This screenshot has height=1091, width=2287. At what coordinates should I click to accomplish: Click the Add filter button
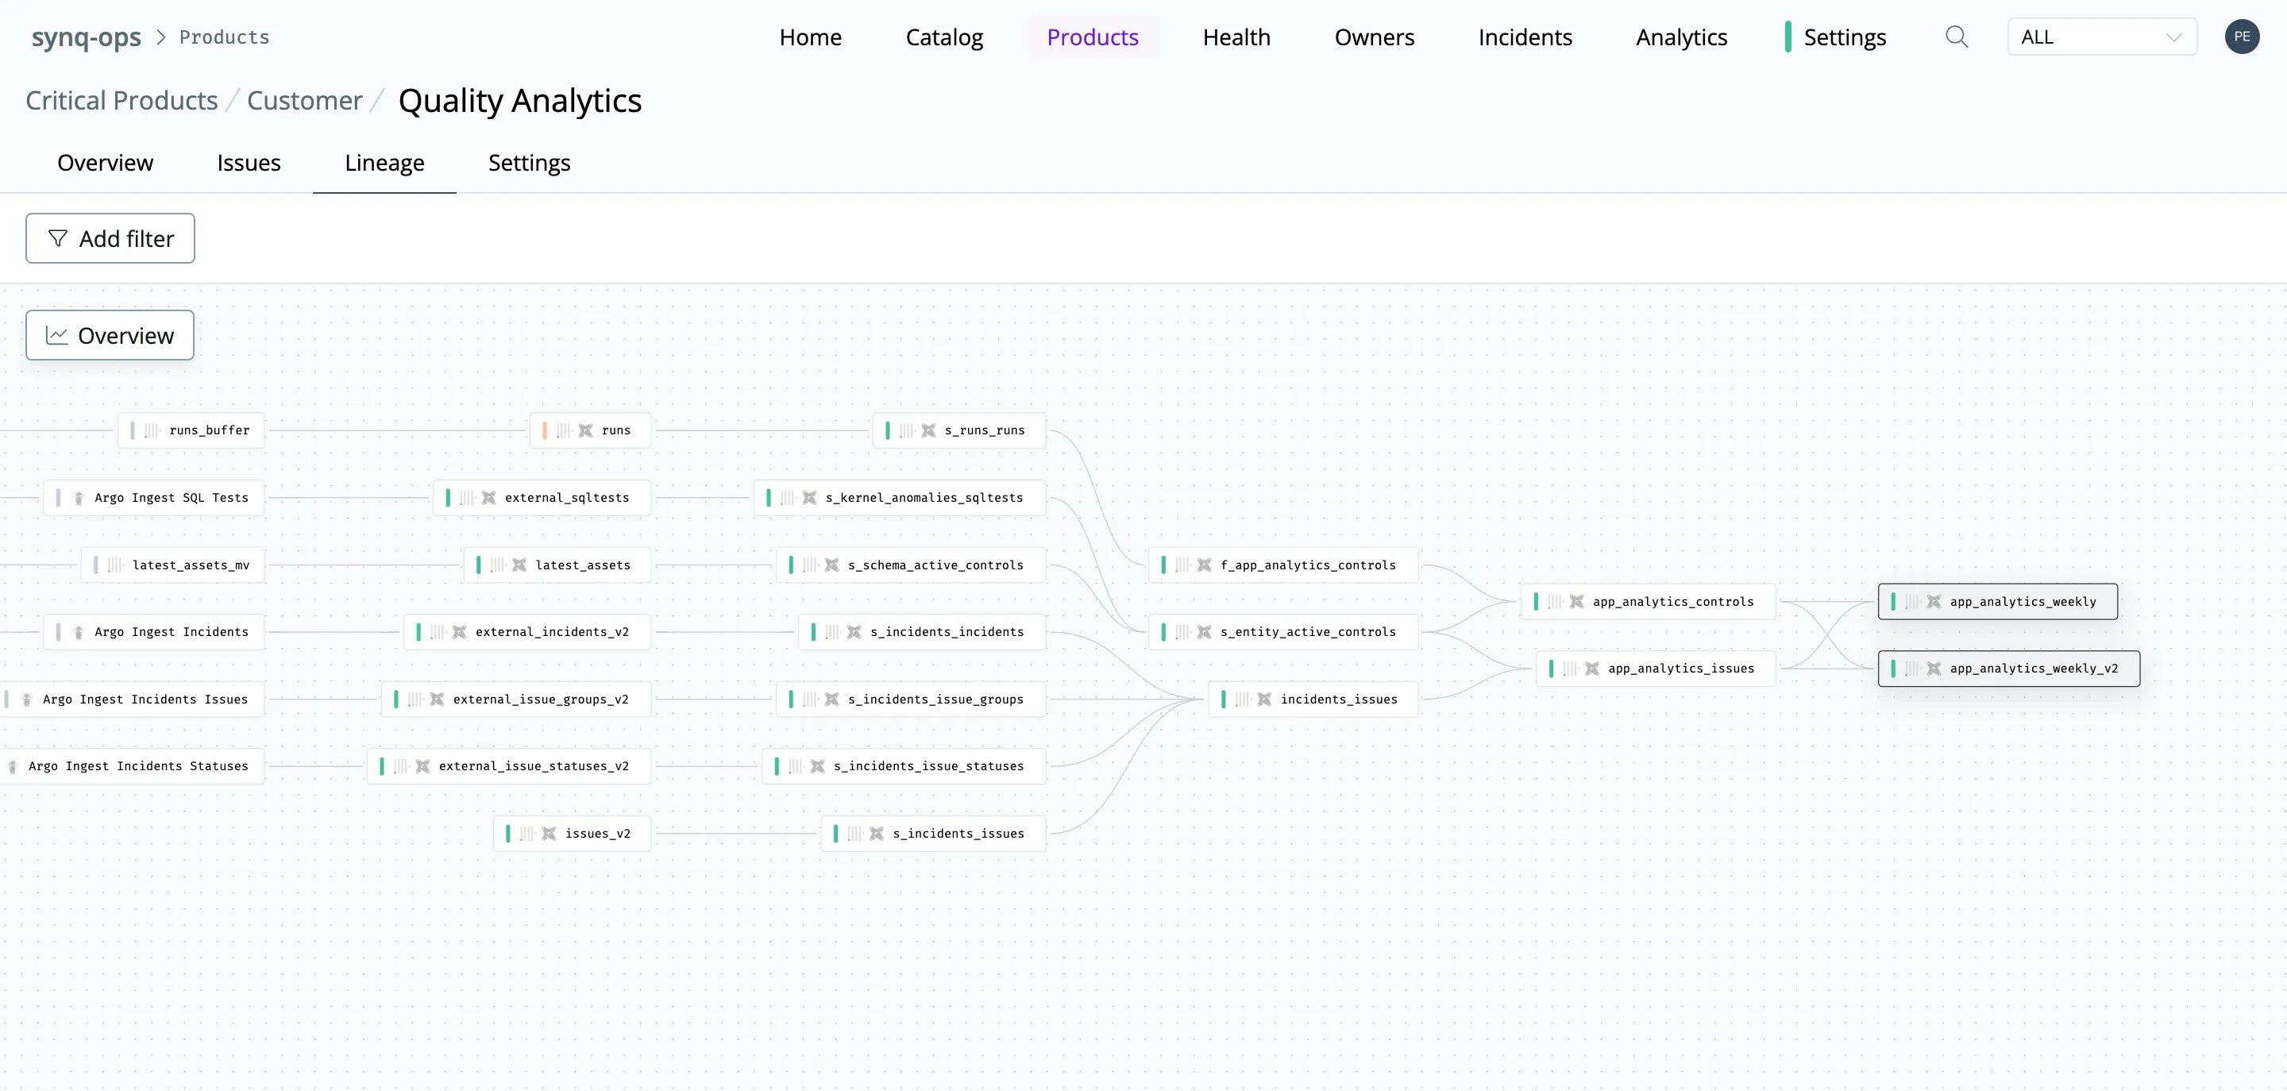110,238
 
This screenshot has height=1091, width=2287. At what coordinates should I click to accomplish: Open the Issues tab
249,164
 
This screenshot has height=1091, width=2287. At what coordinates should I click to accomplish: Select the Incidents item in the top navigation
1525,37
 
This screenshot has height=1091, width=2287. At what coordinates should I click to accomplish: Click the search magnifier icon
1957,37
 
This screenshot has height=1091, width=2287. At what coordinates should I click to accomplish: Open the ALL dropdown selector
2101,37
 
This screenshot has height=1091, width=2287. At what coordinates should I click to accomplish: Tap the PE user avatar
2242,37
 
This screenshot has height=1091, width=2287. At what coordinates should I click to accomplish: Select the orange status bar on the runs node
544,430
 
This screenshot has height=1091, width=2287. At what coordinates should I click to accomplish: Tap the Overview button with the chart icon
110,336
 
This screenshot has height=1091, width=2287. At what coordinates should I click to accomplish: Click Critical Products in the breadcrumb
121,101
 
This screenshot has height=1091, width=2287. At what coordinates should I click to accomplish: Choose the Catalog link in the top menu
943,37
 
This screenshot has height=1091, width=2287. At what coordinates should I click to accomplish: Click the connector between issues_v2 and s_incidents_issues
736,834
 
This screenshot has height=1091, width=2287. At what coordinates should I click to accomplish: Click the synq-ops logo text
86,37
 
